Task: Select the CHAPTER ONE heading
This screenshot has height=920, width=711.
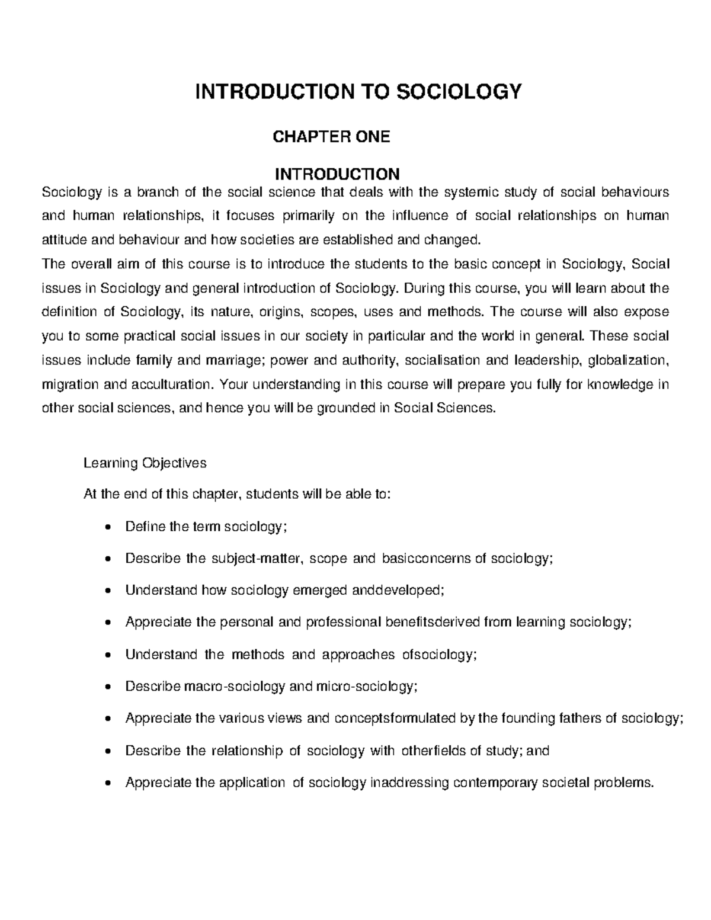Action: click(x=331, y=137)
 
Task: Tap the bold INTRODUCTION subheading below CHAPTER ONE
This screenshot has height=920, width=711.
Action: click(x=337, y=174)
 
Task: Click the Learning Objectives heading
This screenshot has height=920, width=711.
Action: click(x=145, y=463)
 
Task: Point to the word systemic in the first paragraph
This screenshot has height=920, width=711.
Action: click(x=471, y=192)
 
